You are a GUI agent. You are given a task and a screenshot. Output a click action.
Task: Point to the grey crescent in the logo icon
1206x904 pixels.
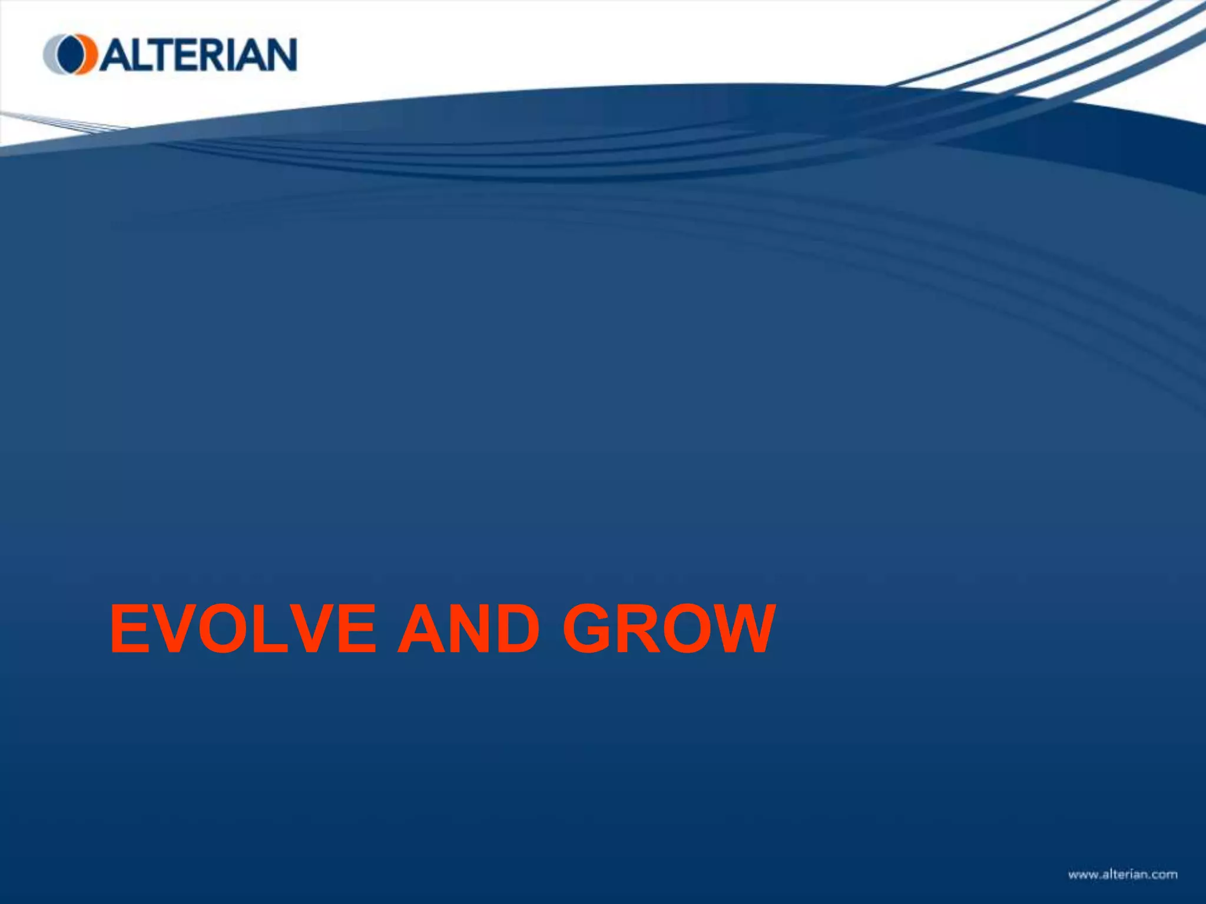(50, 55)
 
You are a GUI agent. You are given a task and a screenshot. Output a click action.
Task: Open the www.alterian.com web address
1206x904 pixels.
(1122, 875)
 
